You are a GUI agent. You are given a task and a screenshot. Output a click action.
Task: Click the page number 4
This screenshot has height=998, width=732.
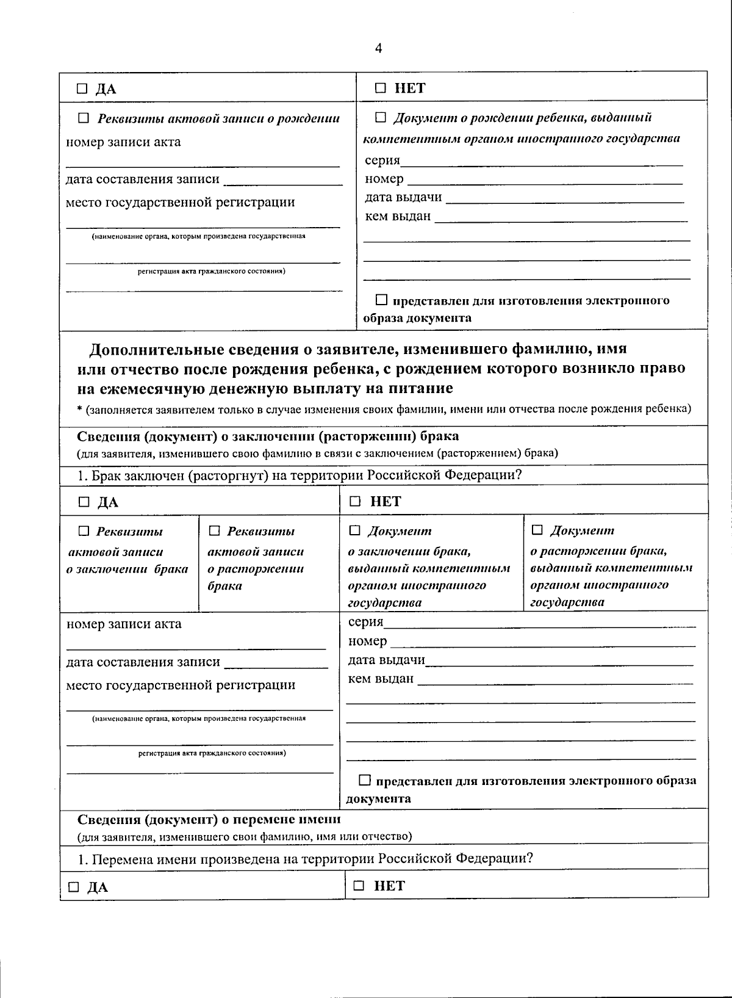378,49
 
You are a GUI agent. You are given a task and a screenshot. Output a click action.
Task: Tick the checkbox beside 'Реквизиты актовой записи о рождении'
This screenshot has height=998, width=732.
84,118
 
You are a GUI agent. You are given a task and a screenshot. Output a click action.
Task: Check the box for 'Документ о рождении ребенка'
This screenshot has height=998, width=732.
381,117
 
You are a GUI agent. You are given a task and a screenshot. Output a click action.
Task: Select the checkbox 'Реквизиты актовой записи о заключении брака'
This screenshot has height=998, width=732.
84,531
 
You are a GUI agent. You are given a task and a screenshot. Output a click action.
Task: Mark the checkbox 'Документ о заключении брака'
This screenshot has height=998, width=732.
354,530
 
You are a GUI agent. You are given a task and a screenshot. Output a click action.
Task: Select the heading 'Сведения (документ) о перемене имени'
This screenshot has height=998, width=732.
209,819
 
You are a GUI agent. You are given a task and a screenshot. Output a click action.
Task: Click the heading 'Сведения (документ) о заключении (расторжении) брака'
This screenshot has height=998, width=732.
268,436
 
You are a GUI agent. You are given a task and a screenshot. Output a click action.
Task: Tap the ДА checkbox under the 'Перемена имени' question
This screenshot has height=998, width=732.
73,887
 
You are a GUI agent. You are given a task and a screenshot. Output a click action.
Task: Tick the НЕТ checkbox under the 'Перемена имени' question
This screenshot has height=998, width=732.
359,886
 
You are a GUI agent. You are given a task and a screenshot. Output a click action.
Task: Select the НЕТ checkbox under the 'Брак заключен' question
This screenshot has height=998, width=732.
355,502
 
